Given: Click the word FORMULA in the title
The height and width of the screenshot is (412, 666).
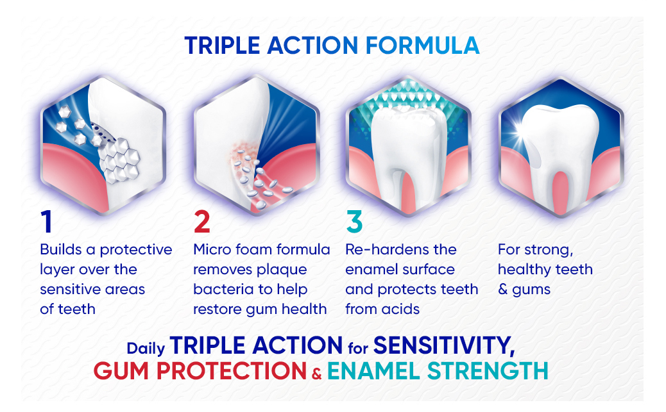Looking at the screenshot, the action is (423, 45).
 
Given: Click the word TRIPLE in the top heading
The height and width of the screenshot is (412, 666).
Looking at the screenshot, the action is (222, 45).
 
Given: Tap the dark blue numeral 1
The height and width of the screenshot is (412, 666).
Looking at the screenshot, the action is (46, 222).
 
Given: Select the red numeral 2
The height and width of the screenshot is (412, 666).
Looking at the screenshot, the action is (201, 222).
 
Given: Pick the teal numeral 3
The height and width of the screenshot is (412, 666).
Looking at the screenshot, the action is (354, 222).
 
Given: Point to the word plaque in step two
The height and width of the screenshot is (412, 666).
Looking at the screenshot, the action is (282, 270).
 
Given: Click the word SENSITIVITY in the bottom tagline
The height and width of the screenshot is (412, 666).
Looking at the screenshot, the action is (444, 345).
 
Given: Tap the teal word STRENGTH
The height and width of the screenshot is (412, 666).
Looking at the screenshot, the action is (488, 371).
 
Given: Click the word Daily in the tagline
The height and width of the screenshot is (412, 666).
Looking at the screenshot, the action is (146, 349).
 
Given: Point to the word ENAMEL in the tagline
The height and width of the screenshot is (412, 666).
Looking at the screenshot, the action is (374, 371).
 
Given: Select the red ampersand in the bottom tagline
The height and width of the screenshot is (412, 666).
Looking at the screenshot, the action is (316, 374).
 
